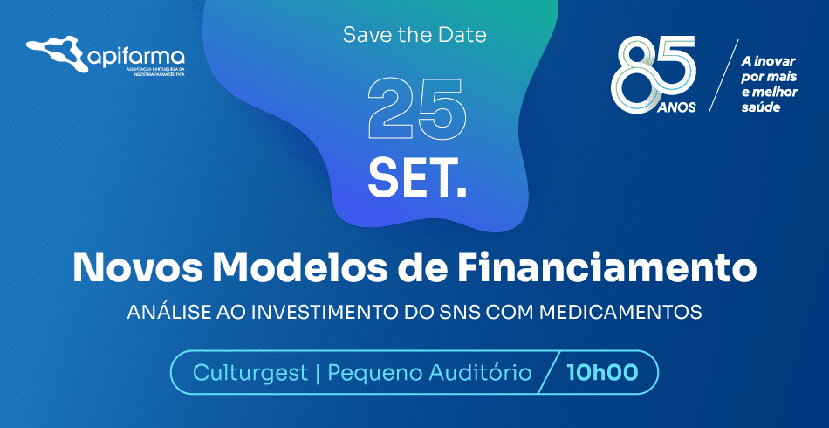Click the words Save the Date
414,35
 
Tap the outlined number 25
417,109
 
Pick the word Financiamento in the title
606,268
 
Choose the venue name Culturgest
250,373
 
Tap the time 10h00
602,372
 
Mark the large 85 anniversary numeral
654,73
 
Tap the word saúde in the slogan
761,107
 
